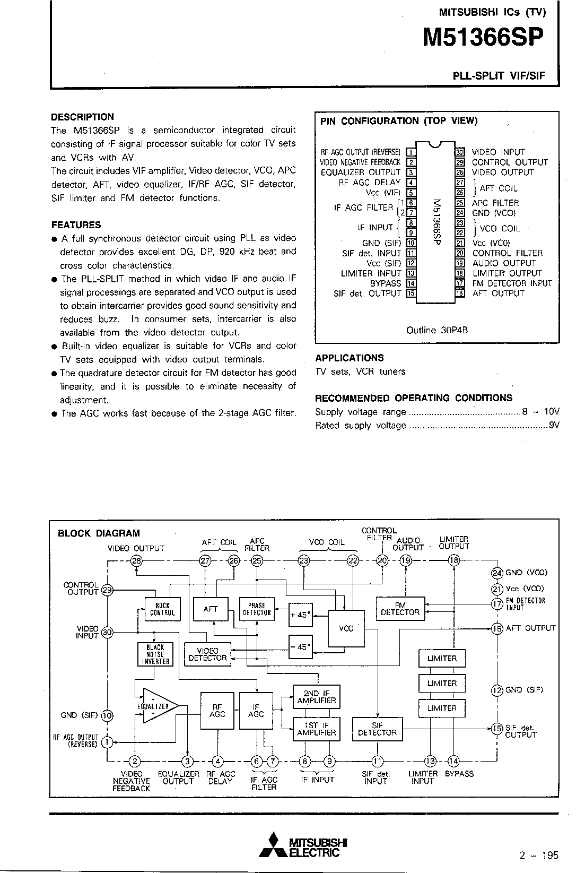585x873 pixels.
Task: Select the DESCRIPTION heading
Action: [x=82, y=117]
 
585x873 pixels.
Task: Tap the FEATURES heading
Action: [x=76, y=224]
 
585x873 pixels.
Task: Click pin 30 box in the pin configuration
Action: [x=460, y=152]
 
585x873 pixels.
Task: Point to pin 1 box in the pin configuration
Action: [x=410, y=152]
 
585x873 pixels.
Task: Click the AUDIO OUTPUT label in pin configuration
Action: [x=504, y=263]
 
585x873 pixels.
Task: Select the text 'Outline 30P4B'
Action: [x=436, y=330]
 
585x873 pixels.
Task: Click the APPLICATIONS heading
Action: [x=349, y=358]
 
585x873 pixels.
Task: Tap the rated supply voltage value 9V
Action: [x=554, y=425]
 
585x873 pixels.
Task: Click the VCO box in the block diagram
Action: [x=346, y=628]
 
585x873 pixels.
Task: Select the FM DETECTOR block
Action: [x=400, y=608]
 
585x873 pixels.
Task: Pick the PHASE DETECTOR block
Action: [x=257, y=609]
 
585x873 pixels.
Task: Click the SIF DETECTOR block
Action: [x=377, y=729]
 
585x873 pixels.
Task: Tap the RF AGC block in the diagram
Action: [x=217, y=711]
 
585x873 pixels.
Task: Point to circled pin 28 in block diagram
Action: [x=136, y=561]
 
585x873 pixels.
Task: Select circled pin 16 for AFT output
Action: [x=497, y=628]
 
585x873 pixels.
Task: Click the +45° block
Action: [x=300, y=615]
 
